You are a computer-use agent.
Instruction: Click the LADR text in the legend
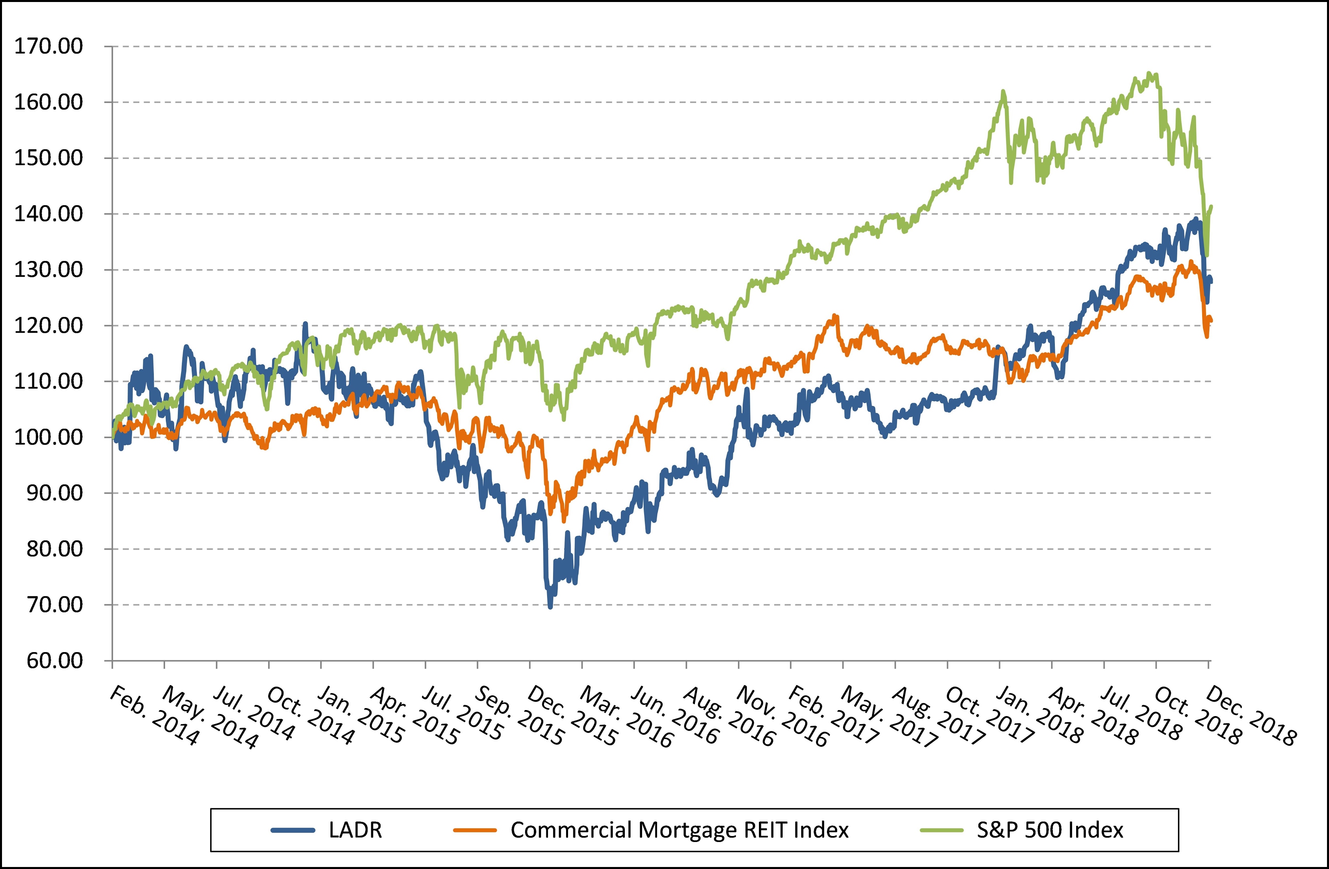[355, 830]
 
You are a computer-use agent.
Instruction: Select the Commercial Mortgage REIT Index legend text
[679, 830]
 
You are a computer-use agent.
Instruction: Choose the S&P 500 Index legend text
[1050, 830]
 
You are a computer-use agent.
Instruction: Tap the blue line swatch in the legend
[293, 830]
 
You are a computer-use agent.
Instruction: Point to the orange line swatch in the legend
[475, 830]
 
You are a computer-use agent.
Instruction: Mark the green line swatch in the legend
[941, 830]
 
